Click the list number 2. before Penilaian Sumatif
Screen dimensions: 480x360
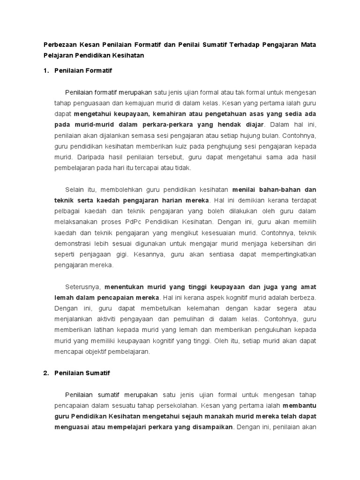(x=46, y=373)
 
